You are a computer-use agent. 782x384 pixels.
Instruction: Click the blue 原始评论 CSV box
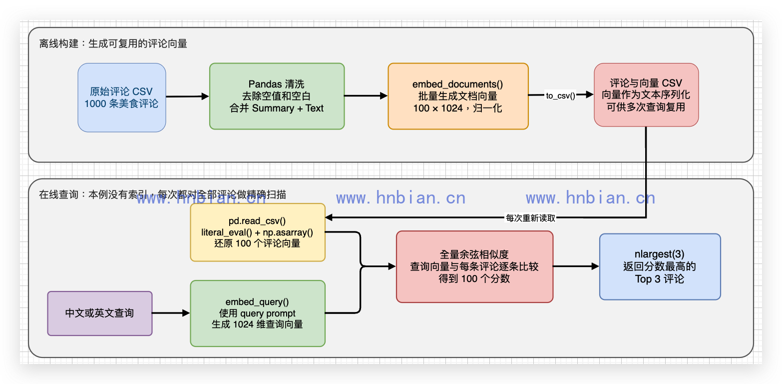(122, 97)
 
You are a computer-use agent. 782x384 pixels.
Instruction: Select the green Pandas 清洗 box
(277, 96)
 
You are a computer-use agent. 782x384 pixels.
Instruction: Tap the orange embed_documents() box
(458, 96)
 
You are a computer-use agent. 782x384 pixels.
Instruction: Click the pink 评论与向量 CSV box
(646, 94)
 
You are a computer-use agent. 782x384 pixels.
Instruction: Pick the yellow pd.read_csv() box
(258, 232)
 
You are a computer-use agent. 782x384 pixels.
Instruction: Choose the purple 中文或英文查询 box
(100, 313)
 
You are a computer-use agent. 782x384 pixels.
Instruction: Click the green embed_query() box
(258, 313)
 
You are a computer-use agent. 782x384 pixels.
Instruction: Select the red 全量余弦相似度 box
(474, 266)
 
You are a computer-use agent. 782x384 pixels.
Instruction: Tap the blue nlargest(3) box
(660, 266)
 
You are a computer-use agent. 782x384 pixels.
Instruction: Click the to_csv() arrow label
(560, 95)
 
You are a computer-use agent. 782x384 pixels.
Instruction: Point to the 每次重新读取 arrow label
(530, 218)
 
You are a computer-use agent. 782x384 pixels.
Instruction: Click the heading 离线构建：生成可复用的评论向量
(113, 43)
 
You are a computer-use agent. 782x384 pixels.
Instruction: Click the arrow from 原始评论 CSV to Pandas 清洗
(187, 96)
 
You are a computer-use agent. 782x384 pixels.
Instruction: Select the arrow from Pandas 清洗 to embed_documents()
(366, 95)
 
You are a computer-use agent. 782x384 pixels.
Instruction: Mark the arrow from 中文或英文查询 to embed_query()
(171, 313)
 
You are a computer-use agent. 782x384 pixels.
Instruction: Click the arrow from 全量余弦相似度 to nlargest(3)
(576, 266)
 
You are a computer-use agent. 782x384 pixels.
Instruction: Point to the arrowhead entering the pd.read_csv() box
(329, 217)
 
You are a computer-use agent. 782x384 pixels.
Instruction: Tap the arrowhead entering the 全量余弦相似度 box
(392, 266)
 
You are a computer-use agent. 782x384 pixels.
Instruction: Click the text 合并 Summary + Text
(277, 108)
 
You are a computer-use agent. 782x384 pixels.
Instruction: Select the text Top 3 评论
(660, 279)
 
